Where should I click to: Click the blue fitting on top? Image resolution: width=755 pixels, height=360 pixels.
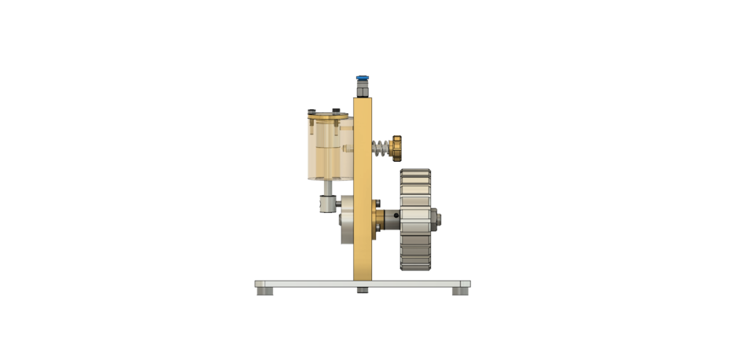[x=362, y=78]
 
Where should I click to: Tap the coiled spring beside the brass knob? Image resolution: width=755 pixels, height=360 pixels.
[x=381, y=147]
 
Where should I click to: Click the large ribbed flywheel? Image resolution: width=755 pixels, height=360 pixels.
[x=414, y=219]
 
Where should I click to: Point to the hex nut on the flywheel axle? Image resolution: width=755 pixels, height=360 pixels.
[x=436, y=216]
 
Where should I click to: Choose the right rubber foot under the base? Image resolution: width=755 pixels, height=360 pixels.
[x=459, y=291]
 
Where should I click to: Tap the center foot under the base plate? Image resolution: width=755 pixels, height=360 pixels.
[x=362, y=291]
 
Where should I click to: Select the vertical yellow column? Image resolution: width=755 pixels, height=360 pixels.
[x=363, y=189]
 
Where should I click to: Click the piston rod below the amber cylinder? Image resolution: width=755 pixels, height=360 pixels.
[x=329, y=188]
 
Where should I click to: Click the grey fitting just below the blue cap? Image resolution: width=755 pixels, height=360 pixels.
[x=362, y=89]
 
